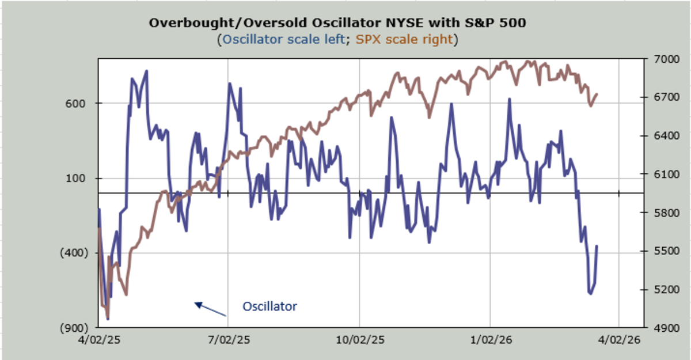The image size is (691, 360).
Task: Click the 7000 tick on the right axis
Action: [658, 59]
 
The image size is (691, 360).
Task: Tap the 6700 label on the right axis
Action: [658, 97]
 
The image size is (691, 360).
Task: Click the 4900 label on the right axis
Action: [658, 327]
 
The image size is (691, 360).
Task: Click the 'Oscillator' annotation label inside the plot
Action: [269, 306]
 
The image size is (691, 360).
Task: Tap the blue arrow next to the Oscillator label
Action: [210, 309]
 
